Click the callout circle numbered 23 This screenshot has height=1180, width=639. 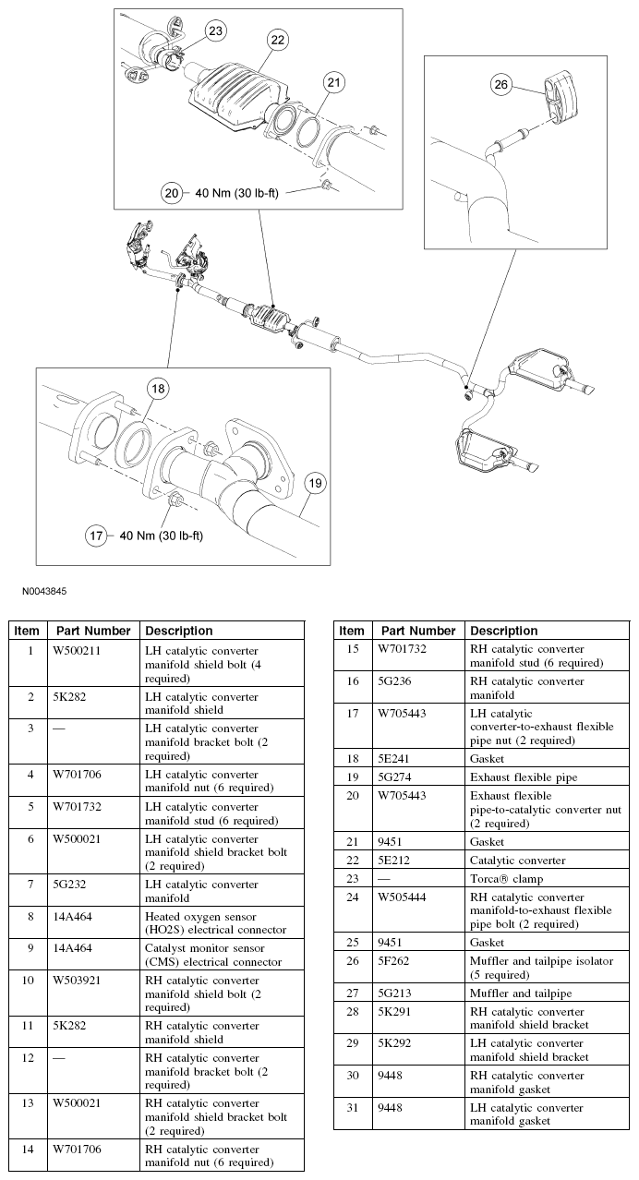point(214,31)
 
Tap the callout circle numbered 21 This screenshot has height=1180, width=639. point(333,83)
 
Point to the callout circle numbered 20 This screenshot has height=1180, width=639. point(173,192)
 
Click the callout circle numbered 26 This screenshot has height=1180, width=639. point(500,85)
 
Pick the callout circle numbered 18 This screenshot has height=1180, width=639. point(158,390)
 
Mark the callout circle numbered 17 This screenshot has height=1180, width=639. point(97,536)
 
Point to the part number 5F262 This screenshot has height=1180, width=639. point(393,961)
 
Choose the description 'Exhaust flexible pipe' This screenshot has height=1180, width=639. point(524,777)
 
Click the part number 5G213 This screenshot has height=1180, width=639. point(394,993)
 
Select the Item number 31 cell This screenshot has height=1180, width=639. point(351,1108)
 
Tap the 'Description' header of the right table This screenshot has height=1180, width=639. point(503,631)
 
